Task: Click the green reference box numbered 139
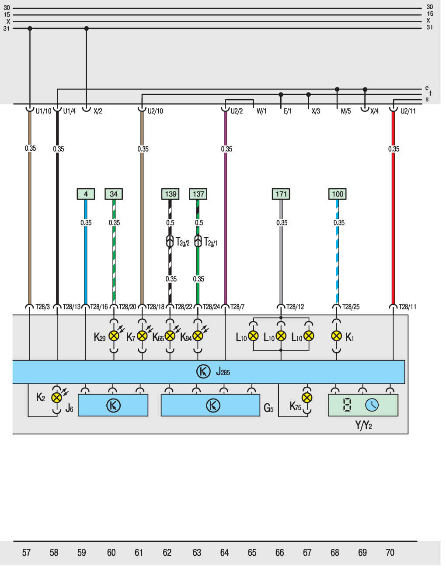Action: point(171,194)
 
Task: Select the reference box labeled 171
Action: point(281,194)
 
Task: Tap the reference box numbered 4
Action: point(86,194)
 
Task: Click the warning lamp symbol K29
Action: point(114,336)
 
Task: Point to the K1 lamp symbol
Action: point(336,336)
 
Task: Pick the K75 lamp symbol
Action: point(307,398)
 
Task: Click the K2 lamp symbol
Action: point(56,398)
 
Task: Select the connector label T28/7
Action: point(237,307)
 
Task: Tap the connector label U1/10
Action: point(43,111)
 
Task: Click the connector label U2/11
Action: point(408,111)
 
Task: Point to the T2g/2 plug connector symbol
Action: point(170,241)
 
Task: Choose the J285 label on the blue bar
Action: point(223,372)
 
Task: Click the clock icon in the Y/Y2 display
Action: point(372,405)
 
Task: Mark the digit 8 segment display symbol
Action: point(347,405)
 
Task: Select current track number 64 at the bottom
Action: point(224,553)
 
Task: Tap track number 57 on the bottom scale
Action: point(26,553)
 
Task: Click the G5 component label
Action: point(268,409)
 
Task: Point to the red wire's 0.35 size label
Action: point(394,149)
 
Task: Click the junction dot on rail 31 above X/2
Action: point(86,28)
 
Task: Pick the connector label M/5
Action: point(345,111)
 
